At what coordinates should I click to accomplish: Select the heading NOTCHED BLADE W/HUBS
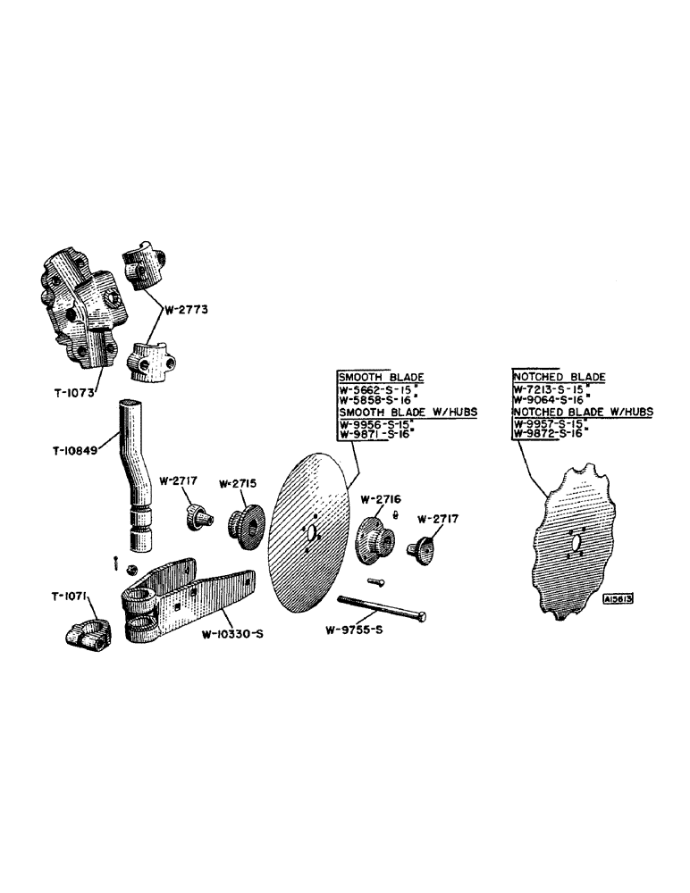(x=582, y=412)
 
